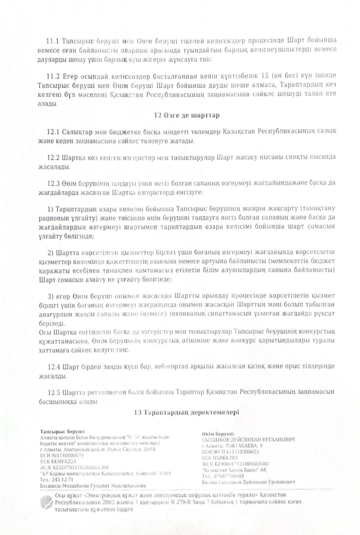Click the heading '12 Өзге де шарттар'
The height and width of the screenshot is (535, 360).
[186, 115]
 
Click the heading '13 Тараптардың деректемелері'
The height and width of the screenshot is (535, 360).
[186, 412]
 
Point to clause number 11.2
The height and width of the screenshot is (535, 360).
[53, 76]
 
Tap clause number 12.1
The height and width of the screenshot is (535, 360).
[53, 131]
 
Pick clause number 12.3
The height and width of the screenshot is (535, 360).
[53, 183]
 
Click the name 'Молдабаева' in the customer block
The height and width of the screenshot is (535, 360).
[77, 486]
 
